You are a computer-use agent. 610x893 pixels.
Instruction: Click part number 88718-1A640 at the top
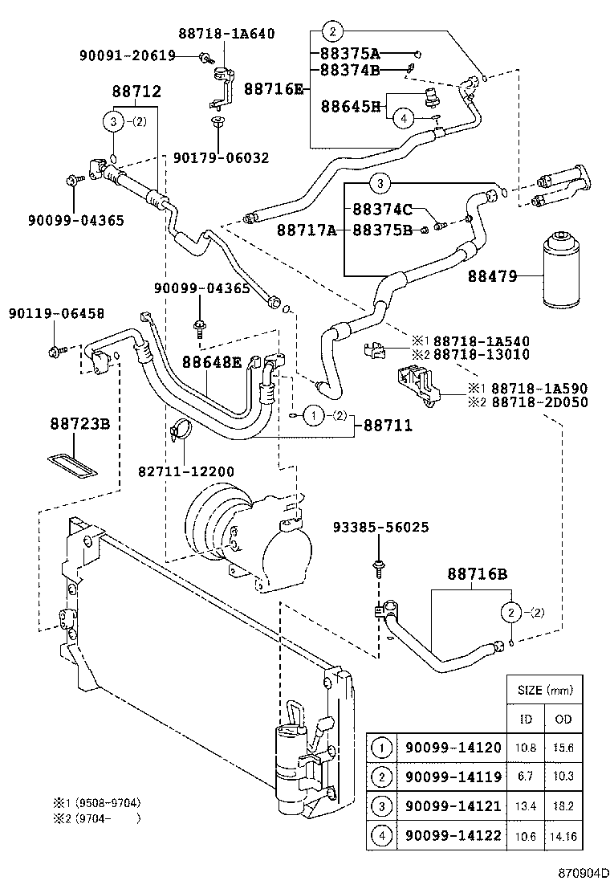point(226,34)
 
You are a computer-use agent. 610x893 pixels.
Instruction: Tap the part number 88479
point(494,277)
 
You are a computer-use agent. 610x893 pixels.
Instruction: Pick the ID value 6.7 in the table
point(526,777)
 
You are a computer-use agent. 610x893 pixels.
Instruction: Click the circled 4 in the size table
point(383,835)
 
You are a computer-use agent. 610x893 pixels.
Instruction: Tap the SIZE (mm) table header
point(544,690)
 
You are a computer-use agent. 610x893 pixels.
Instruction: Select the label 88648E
point(211,362)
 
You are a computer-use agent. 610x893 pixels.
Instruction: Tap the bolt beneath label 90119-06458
point(54,351)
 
